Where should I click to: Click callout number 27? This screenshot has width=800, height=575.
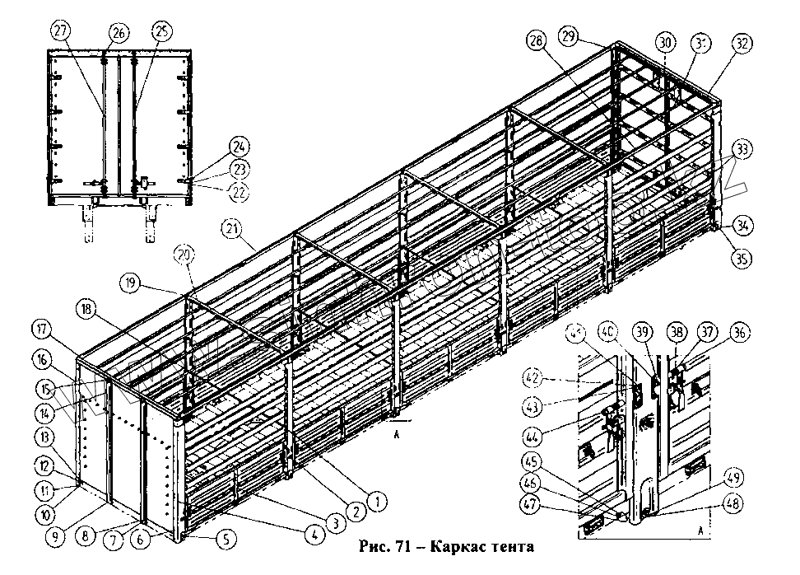[x=59, y=30]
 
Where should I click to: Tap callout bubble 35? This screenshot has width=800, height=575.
[x=742, y=259]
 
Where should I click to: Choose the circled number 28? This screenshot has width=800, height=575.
[x=537, y=41]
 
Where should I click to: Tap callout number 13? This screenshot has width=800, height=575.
[x=44, y=435]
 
